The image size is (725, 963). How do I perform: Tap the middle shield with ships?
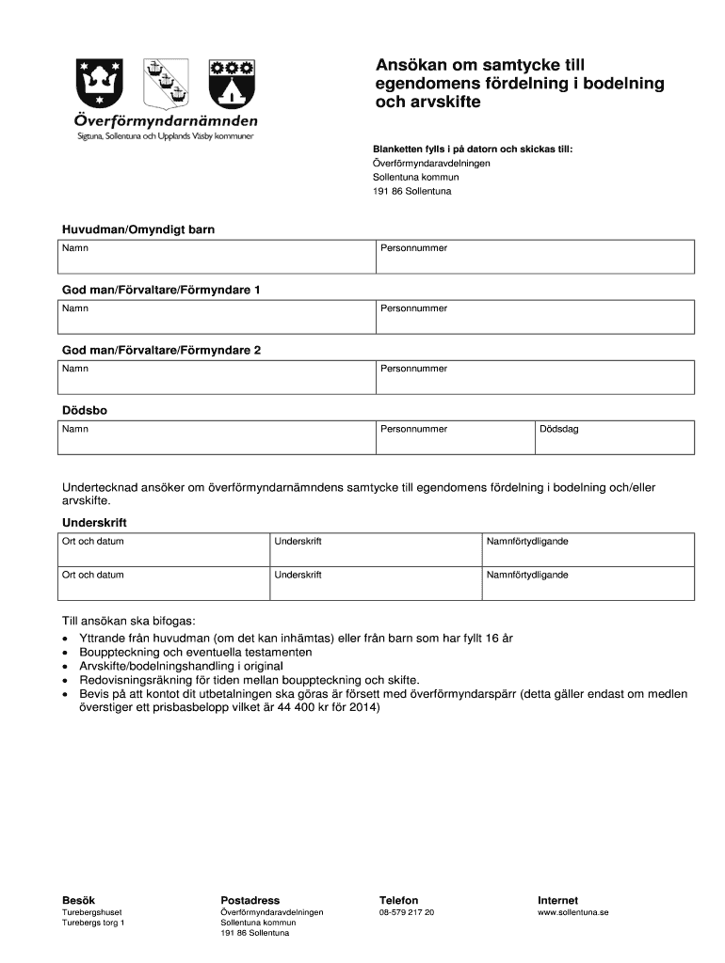[x=166, y=84]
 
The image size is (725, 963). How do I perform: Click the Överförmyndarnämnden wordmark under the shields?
[x=166, y=121]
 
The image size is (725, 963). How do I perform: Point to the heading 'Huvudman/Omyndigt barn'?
[x=144, y=229]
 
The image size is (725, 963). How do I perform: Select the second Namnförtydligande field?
[x=588, y=582]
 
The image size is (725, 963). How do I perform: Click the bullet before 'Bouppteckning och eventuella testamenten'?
[x=64, y=653]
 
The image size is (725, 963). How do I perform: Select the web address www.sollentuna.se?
[x=573, y=912]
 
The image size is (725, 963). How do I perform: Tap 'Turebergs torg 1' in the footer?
[x=93, y=923]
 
